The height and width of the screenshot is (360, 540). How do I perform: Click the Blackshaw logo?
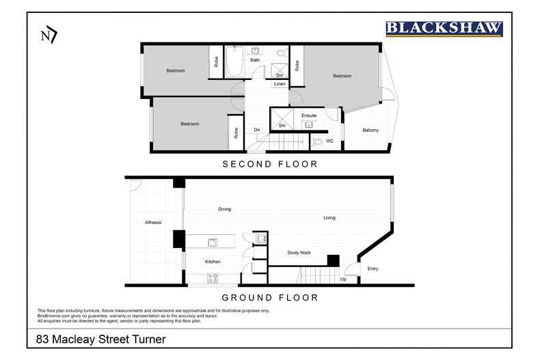point(444,28)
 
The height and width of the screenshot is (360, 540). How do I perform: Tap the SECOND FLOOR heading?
point(270,165)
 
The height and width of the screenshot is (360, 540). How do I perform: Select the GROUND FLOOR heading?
point(270,298)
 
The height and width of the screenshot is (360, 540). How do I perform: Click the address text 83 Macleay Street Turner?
point(102,339)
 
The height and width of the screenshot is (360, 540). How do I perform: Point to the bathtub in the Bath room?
point(234,61)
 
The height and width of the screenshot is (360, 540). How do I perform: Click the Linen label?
point(279,84)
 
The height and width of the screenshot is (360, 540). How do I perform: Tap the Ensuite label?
point(309,115)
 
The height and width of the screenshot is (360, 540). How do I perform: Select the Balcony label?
point(370,130)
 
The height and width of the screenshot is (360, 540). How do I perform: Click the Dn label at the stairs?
point(257,130)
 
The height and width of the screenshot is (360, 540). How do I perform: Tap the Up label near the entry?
point(342,279)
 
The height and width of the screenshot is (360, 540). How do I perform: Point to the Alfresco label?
point(152,223)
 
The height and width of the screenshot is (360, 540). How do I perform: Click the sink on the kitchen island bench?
point(213,241)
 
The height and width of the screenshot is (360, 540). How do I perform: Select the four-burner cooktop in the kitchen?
point(213,278)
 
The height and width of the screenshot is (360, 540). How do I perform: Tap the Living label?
point(329,218)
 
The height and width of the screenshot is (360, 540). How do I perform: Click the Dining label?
point(224,209)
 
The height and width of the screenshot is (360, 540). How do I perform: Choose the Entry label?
point(373,268)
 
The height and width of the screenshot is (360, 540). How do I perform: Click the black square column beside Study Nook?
point(333,260)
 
